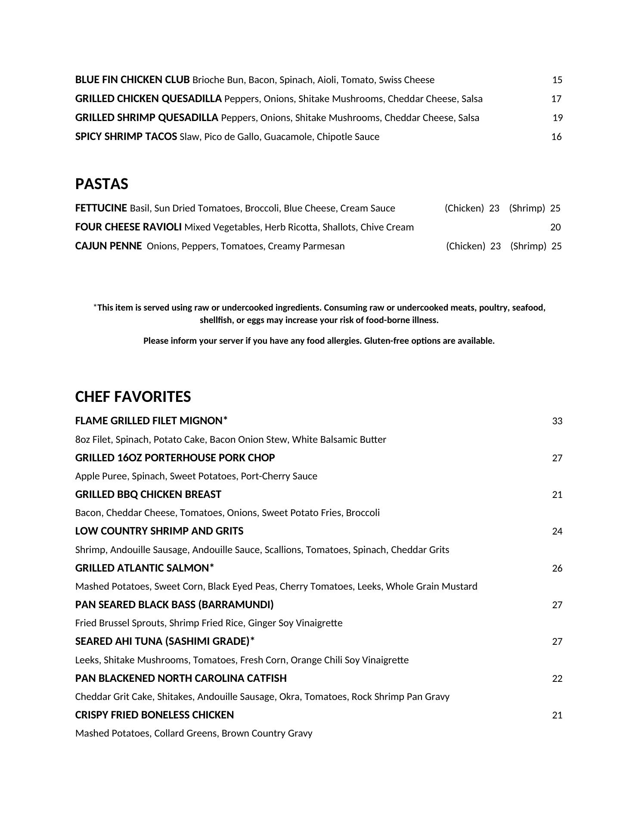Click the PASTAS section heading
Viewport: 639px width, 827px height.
point(102,184)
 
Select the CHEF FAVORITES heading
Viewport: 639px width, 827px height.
point(133,397)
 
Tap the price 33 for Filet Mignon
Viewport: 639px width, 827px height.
point(557,421)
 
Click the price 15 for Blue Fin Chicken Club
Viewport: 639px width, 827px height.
point(557,80)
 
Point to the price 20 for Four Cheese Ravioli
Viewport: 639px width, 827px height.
point(555,227)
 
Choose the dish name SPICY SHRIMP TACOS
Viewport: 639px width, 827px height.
point(126,137)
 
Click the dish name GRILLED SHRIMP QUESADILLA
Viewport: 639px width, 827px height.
point(146,118)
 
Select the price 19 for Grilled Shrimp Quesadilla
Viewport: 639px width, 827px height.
point(558,118)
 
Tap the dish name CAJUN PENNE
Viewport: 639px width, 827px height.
point(109,246)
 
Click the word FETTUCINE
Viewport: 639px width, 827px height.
point(101,208)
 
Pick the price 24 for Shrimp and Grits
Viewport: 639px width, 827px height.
point(557,532)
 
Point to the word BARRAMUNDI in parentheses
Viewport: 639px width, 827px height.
point(236,605)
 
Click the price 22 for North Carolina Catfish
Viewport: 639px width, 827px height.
point(557,679)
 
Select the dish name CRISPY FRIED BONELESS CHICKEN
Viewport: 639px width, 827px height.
point(154,715)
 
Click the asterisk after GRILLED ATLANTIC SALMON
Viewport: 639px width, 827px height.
point(211,567)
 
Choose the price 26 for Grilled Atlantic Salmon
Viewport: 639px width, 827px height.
point(557,569)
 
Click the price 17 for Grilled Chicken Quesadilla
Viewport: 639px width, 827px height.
point(556,99)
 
